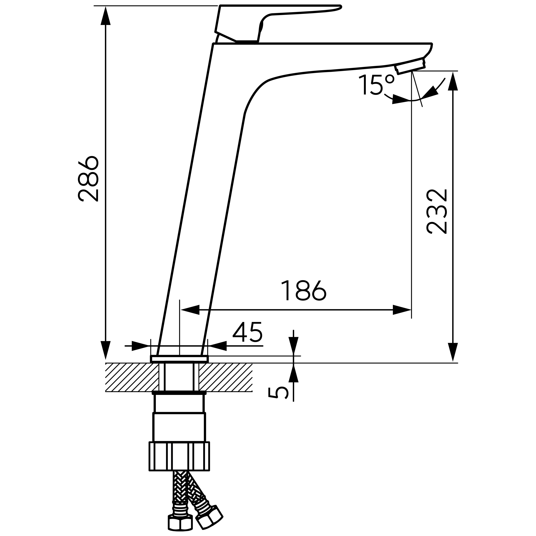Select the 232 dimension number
click(x=437, y=211)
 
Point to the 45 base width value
click(x=247, y=332)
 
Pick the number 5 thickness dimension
click(x=278, y=393)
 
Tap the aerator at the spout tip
click(x=410, y=66)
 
